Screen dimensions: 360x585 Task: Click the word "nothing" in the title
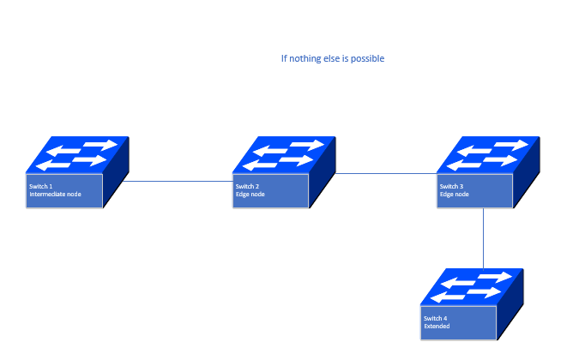click(307, 59)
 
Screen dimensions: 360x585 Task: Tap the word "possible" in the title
click(366, 59)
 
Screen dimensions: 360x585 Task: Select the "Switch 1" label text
click(41, 186)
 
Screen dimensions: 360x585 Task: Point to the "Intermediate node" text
click(56, 195)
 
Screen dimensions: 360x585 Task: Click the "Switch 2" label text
click(247, 186)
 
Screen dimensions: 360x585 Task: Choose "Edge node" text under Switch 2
click(250, 195)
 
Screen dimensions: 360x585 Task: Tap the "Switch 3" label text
click(451, 186)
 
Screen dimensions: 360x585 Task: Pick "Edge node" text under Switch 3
click(455, 195)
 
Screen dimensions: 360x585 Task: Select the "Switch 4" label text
click(435, 318)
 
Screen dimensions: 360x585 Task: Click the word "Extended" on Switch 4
click(437, 327)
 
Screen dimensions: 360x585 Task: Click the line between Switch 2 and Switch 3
click(386, 174)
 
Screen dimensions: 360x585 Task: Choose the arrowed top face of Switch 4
click(473, 287)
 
